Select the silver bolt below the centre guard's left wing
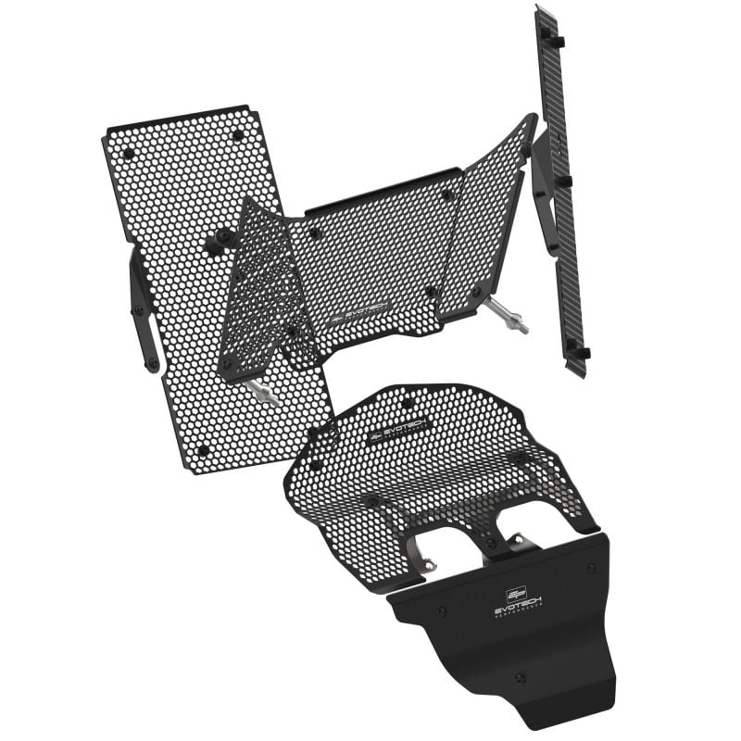[265, 394]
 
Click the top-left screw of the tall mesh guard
[128, 154]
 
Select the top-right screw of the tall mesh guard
[237, 135]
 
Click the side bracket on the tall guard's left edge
[143, 315]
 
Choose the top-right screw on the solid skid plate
[591, 568]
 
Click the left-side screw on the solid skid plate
[442, 612]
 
